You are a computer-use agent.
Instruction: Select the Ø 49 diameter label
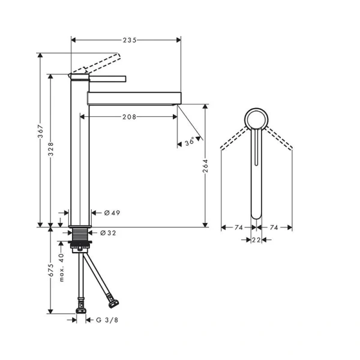[112, 213]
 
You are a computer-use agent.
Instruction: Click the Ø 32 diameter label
[109, 233]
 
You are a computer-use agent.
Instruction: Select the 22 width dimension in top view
[256, 241]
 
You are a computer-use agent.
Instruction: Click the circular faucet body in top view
[256, 119]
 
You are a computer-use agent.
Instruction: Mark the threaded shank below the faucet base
[79, 235]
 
